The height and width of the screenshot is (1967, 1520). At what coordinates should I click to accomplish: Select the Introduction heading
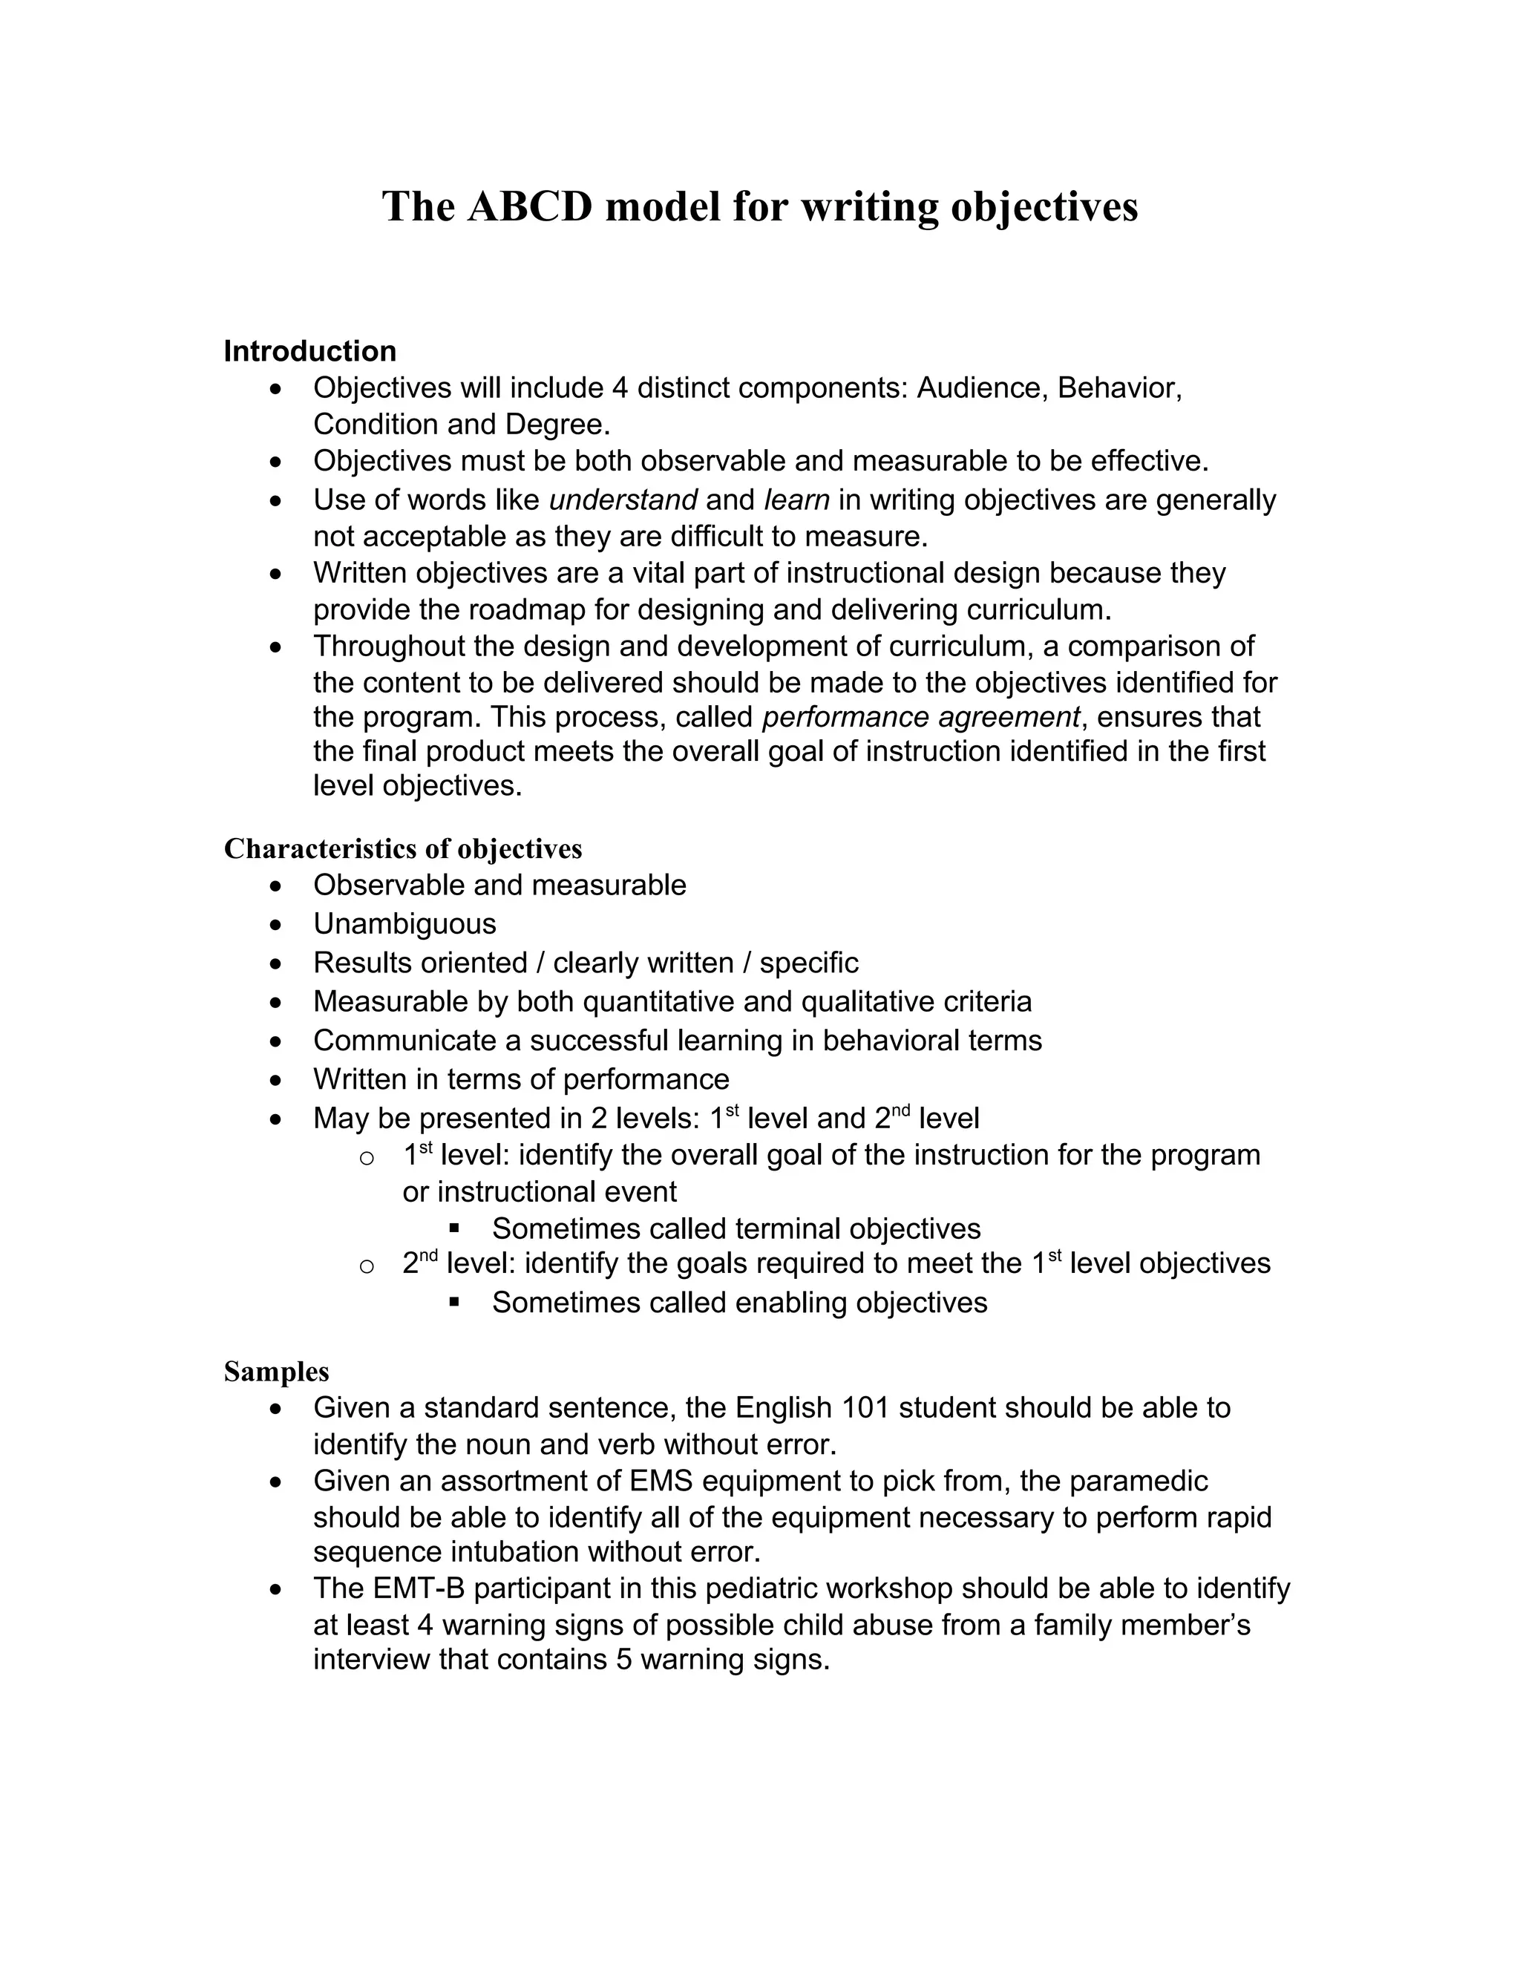[x=309, y=351]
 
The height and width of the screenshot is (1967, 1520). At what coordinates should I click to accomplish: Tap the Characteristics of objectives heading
[x=402, y=848]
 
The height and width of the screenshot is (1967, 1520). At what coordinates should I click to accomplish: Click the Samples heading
[x=276, y=1371]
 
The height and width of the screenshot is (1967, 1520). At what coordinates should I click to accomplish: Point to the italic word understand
[x=623, y=499]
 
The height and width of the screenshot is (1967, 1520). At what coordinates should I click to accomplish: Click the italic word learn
[x=796, y=499]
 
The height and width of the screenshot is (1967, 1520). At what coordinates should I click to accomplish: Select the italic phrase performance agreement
[x=920, y=717]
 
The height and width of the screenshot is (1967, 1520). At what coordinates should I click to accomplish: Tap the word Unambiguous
[x=404, y=924]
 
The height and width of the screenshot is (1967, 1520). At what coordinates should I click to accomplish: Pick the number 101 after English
[x=865, y=1407]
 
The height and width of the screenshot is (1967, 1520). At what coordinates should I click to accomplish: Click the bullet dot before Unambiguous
[x=276, y=925]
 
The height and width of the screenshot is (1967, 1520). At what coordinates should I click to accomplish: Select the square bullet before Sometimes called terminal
[x=453, y=1228]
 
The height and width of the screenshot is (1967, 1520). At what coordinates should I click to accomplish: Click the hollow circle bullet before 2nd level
[x=366, y=1266]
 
